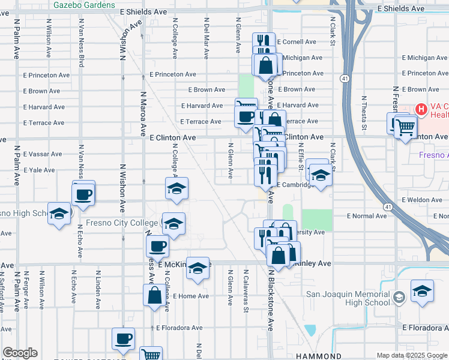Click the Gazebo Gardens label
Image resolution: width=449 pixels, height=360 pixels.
[x=84, y=5]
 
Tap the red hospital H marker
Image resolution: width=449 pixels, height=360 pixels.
[x=421, y=110]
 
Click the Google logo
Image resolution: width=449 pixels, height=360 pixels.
[x=20, y=353]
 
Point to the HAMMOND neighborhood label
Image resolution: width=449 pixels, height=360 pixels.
[x=319, y=356]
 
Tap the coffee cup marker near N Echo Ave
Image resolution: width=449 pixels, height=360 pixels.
[x=84, y=194]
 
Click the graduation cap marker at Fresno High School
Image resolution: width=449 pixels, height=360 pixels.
[x=59, y=214]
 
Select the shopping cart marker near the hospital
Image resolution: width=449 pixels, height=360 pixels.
[x=406, y=127]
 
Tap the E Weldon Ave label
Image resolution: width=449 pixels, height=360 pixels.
[x=421, y=200]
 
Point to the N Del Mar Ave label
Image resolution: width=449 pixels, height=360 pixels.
[x=206, y=46]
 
